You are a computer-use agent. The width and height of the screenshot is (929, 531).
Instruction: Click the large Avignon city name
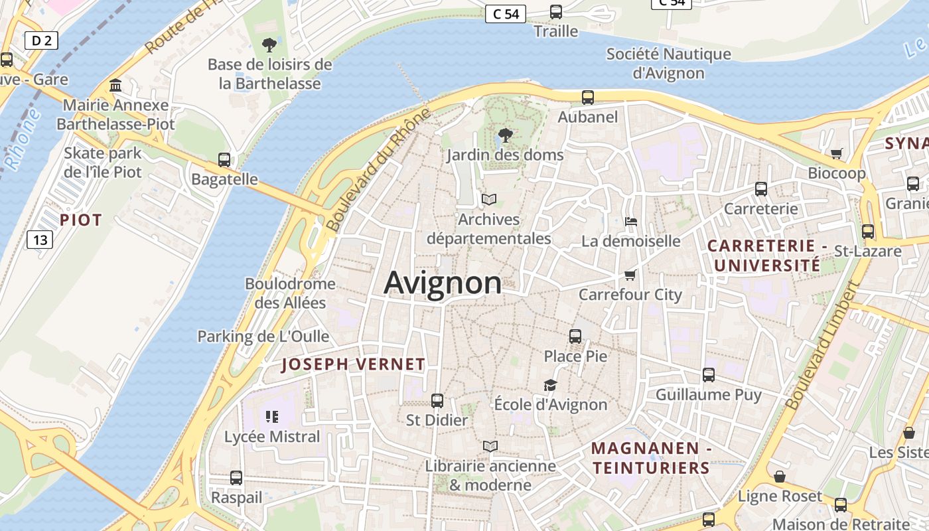pyautogui.click(x=443, y=283)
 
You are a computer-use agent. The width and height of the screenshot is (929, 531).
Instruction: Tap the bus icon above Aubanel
pyautogui.click(x=588, y=98)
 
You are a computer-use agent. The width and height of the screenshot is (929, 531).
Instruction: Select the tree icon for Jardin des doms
pyautogui.click(x=505, y=135)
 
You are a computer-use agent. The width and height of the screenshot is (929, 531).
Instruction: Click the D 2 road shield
pyautogui.click(x=41, y=40)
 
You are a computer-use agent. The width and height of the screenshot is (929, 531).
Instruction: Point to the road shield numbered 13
pyautogui.click(x=40, y=239)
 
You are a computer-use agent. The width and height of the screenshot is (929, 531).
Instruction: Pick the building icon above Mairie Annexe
pyautogui.click(x=115, y=86)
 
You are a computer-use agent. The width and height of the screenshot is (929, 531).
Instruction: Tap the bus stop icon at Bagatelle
pyautogui.click(x=224, y=160)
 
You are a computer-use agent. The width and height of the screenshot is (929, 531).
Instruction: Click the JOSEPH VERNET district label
pyautogui.click(x=353, y=364)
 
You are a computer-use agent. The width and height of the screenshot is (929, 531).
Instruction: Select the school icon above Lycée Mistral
pyautogui.click(x=272, y=417)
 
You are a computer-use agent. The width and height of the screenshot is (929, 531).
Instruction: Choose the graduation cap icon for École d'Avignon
pyautogui.click(x=550, y=385)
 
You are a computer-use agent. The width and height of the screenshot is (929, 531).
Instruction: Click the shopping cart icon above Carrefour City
pyautogui.click(x=630, y=275)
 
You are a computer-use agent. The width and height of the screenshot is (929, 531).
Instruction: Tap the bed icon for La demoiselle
pyautogui.click(x=631, y=221)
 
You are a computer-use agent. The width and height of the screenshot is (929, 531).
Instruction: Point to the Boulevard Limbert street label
pyautogui.click(x=822, y=346)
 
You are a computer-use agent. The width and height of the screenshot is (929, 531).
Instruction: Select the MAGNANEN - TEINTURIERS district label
pyautogui.click(x=651, y=458)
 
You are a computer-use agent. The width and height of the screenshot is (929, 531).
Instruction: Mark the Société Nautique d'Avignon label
pyautogui.click(x=668, y=63)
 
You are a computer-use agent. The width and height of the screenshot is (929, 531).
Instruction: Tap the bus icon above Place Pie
pyautogui.click(x=575, y=337)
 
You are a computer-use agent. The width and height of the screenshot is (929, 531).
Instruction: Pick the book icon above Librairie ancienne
pyautogui.click(x=490, y=446)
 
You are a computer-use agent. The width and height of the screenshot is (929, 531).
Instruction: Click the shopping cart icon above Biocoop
pyautogui.click(x=836, y=153)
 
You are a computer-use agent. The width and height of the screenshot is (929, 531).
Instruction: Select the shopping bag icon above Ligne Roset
pyautogui.click(x=780, y=477)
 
